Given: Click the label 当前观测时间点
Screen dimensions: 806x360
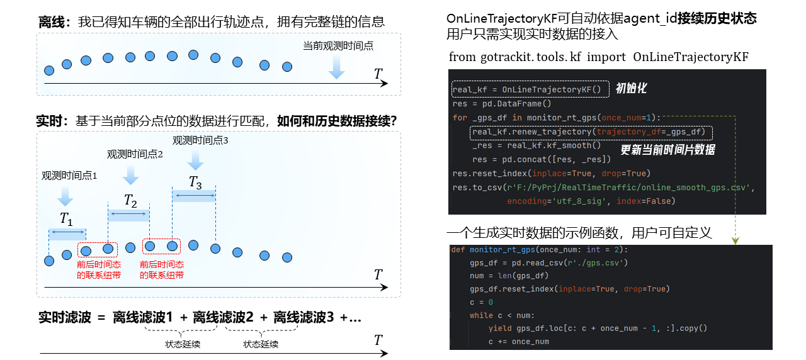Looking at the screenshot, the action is pos(338,46).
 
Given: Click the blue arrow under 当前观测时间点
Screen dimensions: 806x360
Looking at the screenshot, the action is pos(336,67).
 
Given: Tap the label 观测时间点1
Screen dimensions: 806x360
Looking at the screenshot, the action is pos(69,176).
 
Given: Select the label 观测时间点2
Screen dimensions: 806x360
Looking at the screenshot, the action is pos(135,154).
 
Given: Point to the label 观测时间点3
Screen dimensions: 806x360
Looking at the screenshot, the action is pos(200,140).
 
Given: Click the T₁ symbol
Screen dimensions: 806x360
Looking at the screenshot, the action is pos(66,218).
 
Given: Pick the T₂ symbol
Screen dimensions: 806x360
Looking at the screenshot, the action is pos(130,200).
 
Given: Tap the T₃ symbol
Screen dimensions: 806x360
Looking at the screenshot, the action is pos(195,183).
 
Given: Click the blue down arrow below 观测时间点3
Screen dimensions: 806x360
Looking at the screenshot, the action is pos(195,160).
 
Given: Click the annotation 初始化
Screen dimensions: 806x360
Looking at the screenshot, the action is pos(631,88).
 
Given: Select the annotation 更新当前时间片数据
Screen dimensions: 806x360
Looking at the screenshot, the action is pos(668,150).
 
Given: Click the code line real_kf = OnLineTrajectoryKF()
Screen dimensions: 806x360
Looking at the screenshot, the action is pos(527,89).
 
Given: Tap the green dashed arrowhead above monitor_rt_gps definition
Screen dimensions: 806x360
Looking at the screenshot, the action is pos(735,240).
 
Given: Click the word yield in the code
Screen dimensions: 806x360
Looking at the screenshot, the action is pos(500,329).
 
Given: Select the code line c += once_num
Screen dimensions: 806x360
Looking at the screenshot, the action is pos(518,342).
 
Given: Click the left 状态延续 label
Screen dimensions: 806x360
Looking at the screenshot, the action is pos(183,344).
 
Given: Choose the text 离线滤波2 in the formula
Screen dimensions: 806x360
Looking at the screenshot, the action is pos(223,317).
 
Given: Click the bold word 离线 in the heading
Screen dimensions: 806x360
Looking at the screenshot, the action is pos(52,22).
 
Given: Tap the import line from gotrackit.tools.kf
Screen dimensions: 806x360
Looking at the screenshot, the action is pos(598,57).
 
